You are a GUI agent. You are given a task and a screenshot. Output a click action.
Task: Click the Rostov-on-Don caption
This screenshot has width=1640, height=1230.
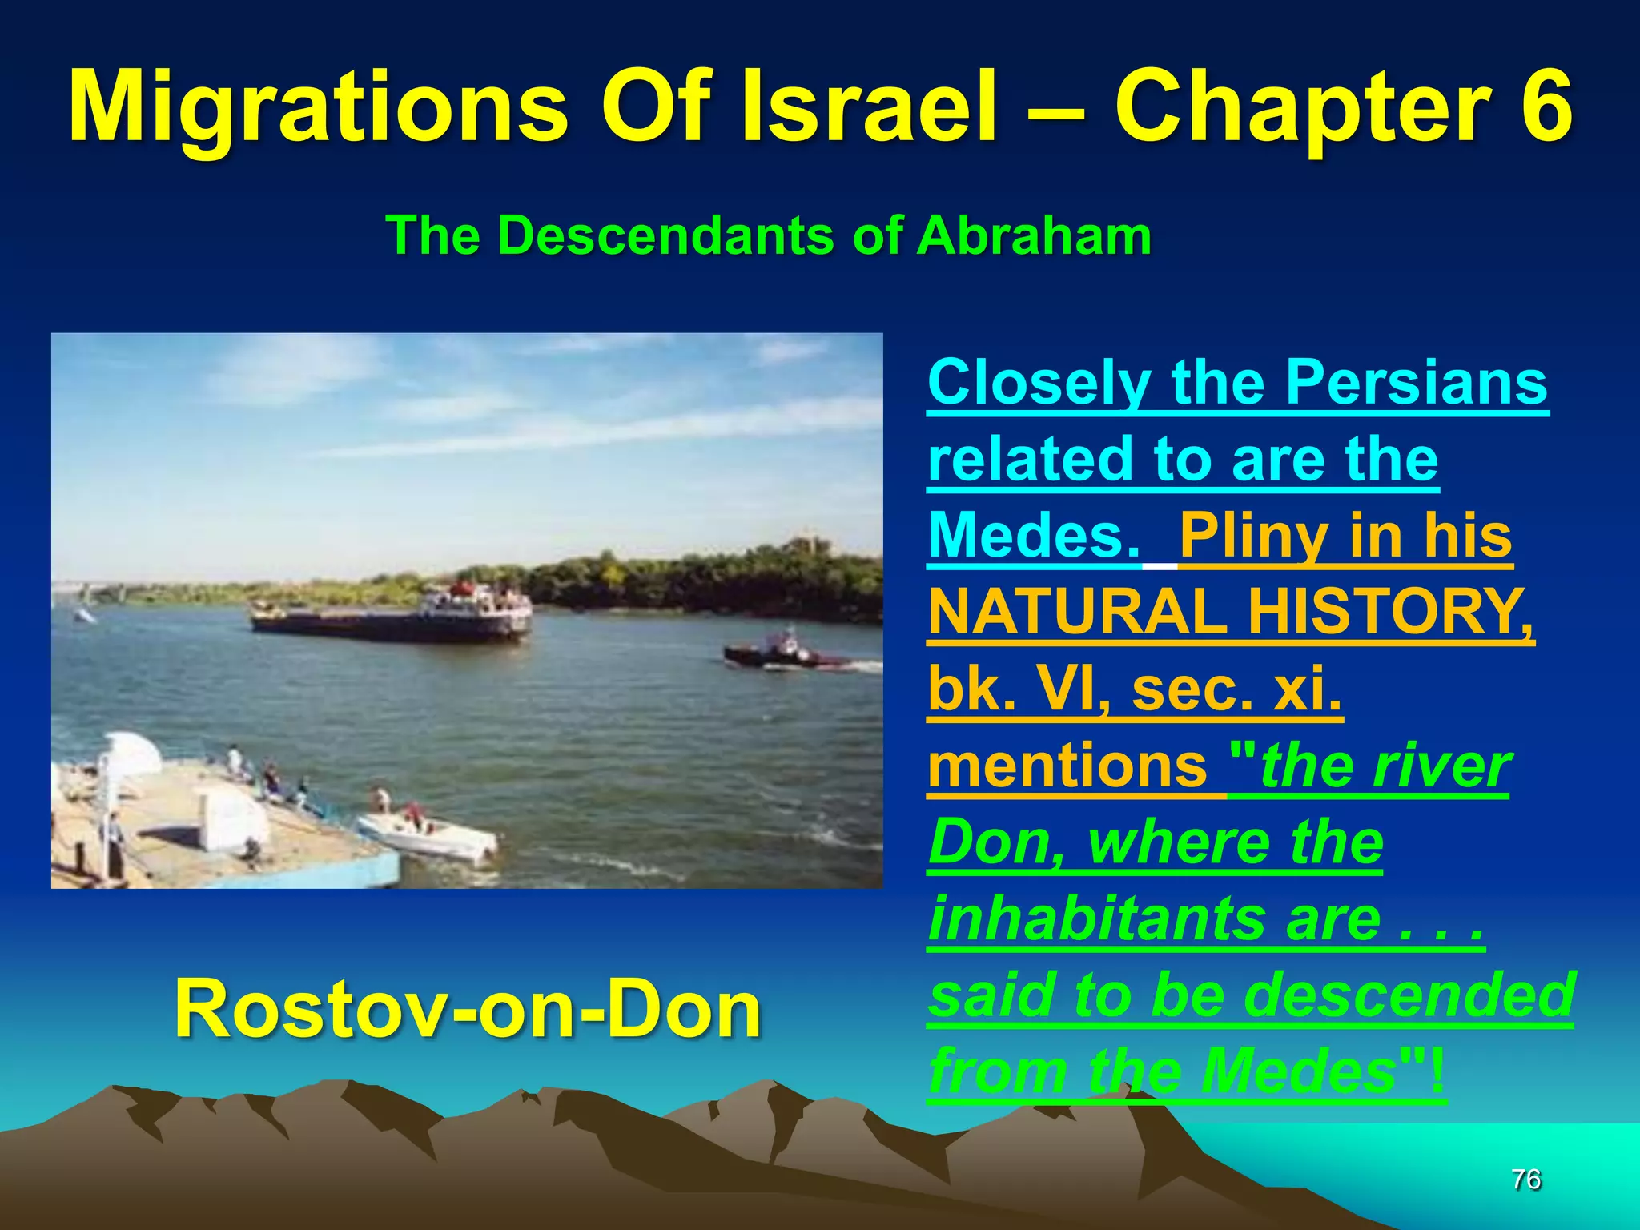(x=468, y=1010)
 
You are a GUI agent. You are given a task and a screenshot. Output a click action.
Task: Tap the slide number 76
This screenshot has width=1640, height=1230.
(x=1526, y=1180)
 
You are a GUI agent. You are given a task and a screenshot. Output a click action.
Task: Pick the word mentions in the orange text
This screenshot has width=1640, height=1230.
(x=1067, y=766)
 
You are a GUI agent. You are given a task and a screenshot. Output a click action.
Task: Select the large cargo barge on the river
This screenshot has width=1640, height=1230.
(x=392, y=617)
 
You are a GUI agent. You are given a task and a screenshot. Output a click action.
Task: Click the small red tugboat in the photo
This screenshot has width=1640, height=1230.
(x=781, y=653)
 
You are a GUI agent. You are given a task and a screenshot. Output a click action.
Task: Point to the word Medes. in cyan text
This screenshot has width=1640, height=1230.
(x=1033, y=536)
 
